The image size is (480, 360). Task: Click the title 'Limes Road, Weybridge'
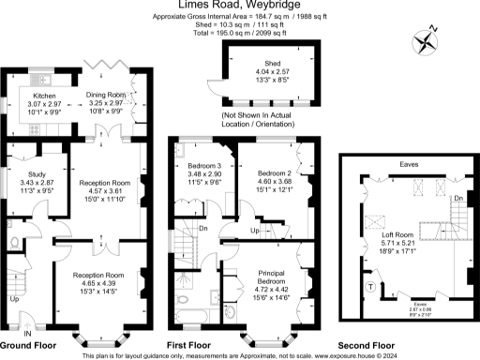(239, 7)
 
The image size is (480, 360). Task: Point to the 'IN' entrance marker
(27, 332)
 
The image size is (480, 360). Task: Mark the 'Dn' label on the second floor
(457, 200)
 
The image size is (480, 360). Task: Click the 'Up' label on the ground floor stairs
(12, 300)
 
